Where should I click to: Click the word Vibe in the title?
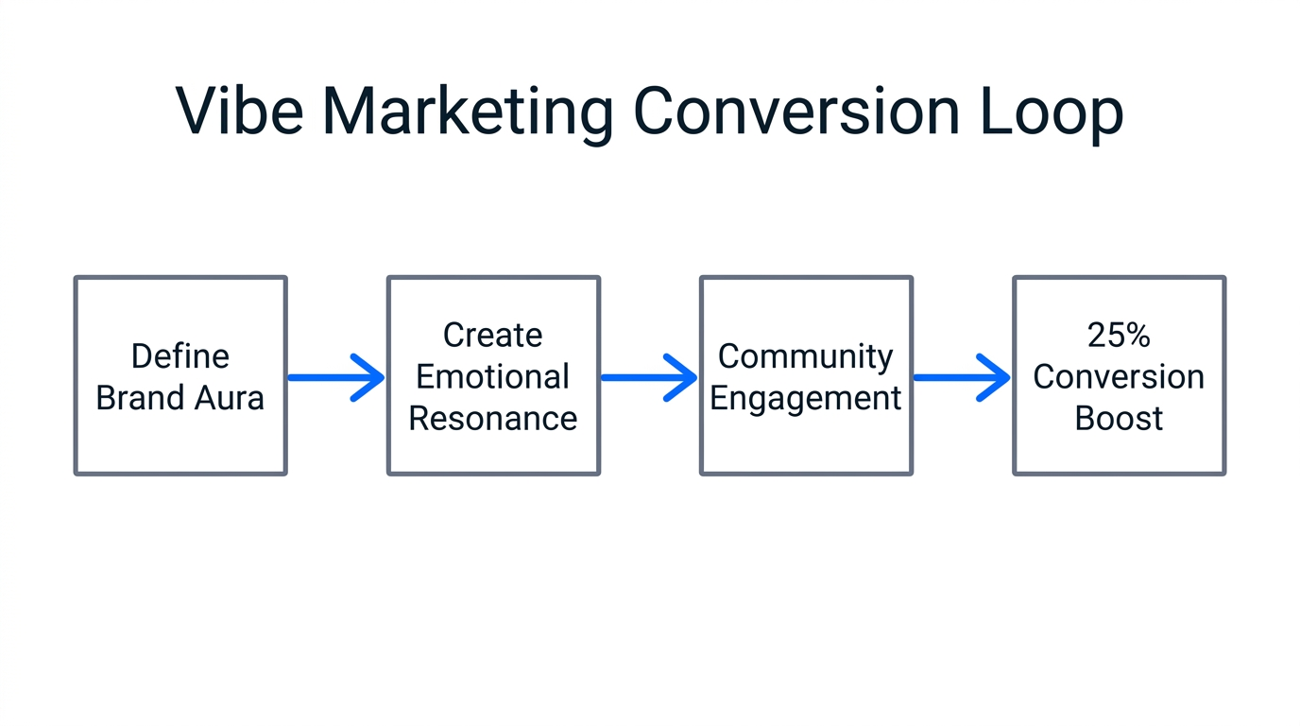(239, 112)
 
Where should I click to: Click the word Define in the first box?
(180, 356)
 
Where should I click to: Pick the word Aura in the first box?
(231, 398)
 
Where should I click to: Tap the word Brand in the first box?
(140, 398)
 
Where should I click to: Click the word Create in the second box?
(492, 336)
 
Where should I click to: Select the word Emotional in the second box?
(492, 377)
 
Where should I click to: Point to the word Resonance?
(492, 419)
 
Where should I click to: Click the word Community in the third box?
(805, 356)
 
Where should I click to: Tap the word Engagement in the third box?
(805, 399)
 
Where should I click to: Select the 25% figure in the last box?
(1119, 336)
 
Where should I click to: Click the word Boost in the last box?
(1119, 419)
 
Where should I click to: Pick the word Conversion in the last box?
(1119, 377)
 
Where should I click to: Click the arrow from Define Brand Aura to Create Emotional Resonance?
(336, 377)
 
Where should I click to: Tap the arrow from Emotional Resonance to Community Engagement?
(649, 377)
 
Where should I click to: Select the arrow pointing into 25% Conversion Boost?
(962, 377)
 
